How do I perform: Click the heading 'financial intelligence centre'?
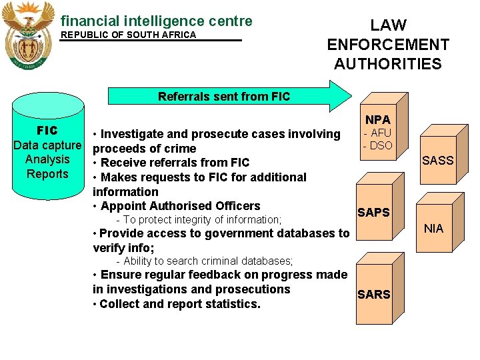click(x=157, y=21)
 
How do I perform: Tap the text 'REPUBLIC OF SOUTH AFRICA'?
click(x=129, y=35)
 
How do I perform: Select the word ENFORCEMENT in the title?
click(x=388, y=45)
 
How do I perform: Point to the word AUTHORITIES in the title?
click(x=388, y=65)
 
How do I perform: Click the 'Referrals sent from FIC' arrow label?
click(x=224, y=97)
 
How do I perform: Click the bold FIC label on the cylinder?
click(x=47, y=130)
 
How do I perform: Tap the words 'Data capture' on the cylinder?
click(x=47, y=145)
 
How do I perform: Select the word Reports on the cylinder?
click(x=47, y=174)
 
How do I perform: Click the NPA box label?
click(x=378, y=120)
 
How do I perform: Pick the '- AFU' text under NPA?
click(x=378, y=133)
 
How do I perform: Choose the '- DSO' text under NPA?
click(x=378, y=145)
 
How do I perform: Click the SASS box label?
click(x=437, y=161)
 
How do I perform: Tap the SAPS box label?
click(x=373, y=213)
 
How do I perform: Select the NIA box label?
click(x=433, y=229)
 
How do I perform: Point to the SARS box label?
click(x=373, y=295)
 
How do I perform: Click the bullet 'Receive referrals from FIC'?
click(x=172, y=163)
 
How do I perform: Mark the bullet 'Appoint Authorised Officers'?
click(x=177, y=206)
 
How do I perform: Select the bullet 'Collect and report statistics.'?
click(x=177, y=304)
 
